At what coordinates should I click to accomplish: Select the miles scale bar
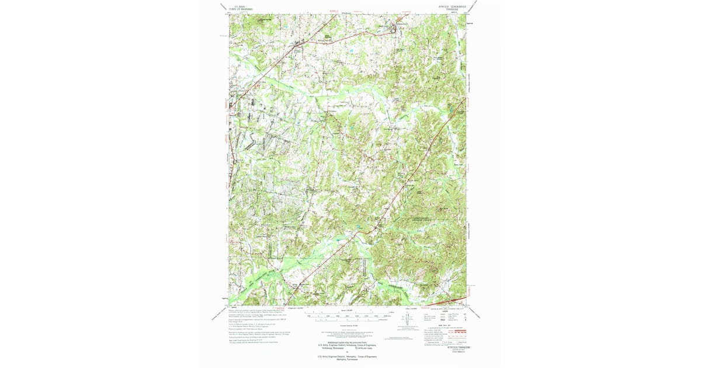pyautogui.click(x=345, y=314)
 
